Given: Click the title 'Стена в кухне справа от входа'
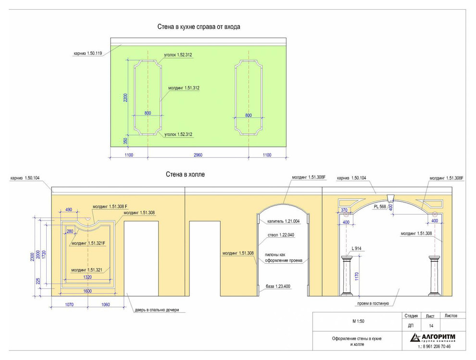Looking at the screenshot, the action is coord(199,27).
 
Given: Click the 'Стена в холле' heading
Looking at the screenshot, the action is coord(185,174).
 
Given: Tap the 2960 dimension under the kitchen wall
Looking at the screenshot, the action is coord(198,155).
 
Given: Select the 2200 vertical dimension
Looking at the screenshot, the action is coord(125,98).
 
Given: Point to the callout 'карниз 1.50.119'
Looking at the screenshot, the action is coord(88,53).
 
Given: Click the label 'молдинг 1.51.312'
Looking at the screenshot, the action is coord(184,88).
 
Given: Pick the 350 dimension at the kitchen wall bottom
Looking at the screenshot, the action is coord(125,141).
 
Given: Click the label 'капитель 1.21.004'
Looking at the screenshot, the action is coord(284,221).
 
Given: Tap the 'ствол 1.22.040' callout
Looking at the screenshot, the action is coord(281,235).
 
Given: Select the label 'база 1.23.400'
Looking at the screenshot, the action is coord(278,286).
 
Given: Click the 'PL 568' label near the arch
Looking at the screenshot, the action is coord(380,206).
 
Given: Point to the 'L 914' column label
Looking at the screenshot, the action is coord(356,248).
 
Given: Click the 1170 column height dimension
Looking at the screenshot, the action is coord(357,276).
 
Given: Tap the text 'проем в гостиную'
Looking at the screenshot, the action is coord(373,303).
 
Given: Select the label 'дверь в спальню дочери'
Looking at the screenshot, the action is coord(157,310).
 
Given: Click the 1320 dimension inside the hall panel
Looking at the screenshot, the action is coord(88,277).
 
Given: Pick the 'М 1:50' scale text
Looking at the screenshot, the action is coord(358,321).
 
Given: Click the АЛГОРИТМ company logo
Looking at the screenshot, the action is coord(433,337).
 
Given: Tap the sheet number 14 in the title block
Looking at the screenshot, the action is coord(431,326).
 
